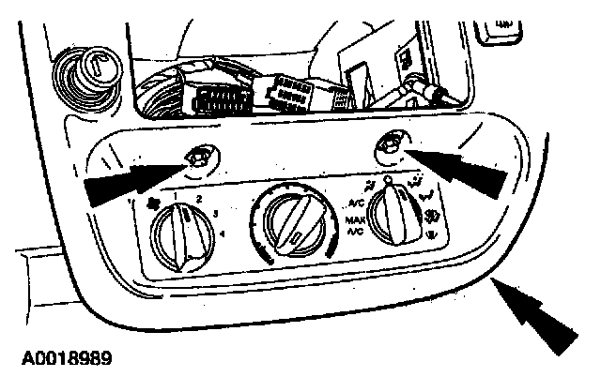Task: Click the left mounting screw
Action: point(199,158)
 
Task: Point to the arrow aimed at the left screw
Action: point(131,180)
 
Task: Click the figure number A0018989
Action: point(63,357)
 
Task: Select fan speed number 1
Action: point(176,193)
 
